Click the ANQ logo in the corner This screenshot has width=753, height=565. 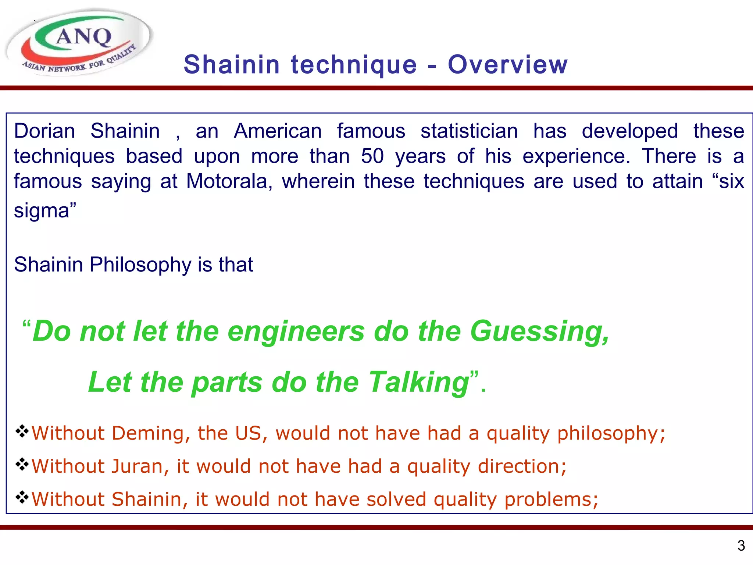point(79,42)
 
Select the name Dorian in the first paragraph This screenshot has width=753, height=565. point(44,131)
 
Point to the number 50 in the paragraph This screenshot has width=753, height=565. point(372,156)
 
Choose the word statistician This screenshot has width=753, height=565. point(469,131)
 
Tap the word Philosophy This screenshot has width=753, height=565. point(140,264)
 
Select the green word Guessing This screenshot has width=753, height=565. point(539,331)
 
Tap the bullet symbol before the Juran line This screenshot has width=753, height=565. point(22,465)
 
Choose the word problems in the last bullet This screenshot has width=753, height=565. point(551,500)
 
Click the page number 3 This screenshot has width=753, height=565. point(741,546)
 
